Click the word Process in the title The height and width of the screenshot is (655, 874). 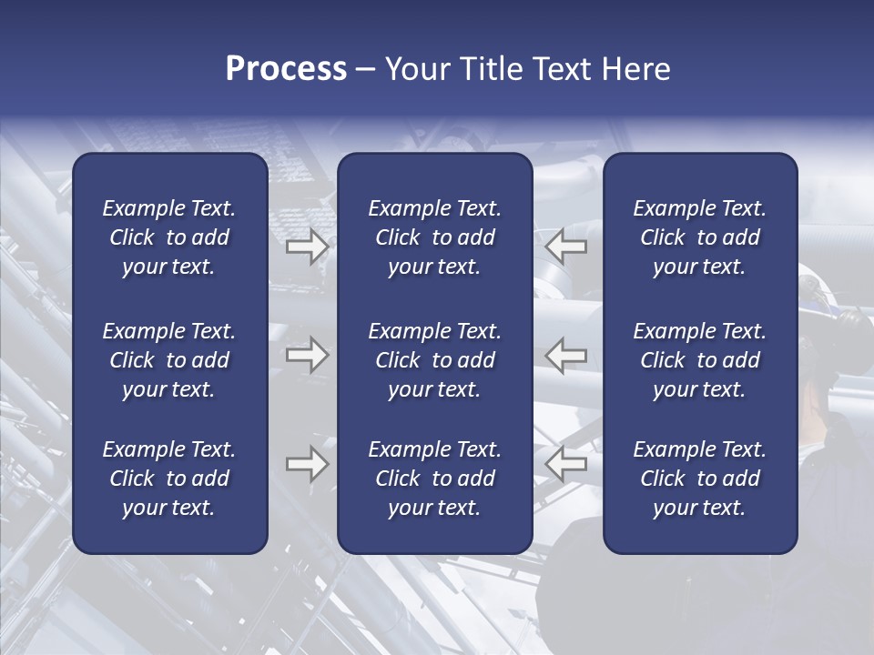(286, 69)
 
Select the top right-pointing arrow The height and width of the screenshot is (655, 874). (308, 247)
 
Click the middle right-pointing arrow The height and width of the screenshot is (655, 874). (308, 356)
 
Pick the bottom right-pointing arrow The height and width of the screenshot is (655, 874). (308, 464)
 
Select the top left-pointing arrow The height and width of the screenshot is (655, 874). (566, 247)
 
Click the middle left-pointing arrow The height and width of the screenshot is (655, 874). (566, 356)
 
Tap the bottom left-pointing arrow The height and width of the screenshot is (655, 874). (566, 464)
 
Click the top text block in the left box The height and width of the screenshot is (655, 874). (169, 237)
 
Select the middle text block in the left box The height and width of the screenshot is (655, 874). (169, 360)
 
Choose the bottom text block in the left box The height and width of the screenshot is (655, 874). (169, 479)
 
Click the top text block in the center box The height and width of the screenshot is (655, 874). (434, 237)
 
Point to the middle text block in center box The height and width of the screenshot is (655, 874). (434, 360)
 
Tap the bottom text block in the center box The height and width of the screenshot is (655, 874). (434, 479)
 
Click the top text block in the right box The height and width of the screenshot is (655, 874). (699, 237)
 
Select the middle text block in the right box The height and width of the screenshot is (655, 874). (699, 360)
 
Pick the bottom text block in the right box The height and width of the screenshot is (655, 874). (699, 479)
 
